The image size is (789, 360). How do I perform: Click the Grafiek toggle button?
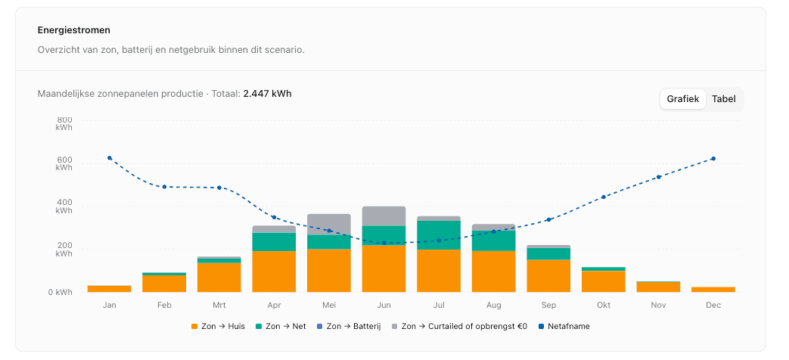pos(682,99)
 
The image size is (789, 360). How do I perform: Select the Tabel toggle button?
pos(723,99)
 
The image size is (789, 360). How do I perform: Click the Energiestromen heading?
pos(74,30)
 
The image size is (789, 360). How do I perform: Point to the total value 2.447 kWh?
pos(267,94)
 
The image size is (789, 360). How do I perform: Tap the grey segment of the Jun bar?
pos(384,216)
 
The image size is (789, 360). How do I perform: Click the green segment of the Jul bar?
pos(439,234)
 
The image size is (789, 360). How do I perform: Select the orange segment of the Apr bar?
pos(274,271)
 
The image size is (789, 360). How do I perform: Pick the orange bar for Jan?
pos(109,288)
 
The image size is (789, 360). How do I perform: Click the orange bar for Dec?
pos(713,289)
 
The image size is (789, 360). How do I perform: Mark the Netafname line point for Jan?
pos(110,158)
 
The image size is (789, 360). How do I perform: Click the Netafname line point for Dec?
pos(713,159)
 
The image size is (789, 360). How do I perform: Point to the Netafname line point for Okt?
pos(604,197)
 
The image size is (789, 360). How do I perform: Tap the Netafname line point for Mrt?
pos(219,188)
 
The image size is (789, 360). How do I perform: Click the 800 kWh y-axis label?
pos(64,123)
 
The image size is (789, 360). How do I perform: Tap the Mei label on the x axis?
pos(329,306)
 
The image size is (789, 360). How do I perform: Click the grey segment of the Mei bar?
pos(329,224)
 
